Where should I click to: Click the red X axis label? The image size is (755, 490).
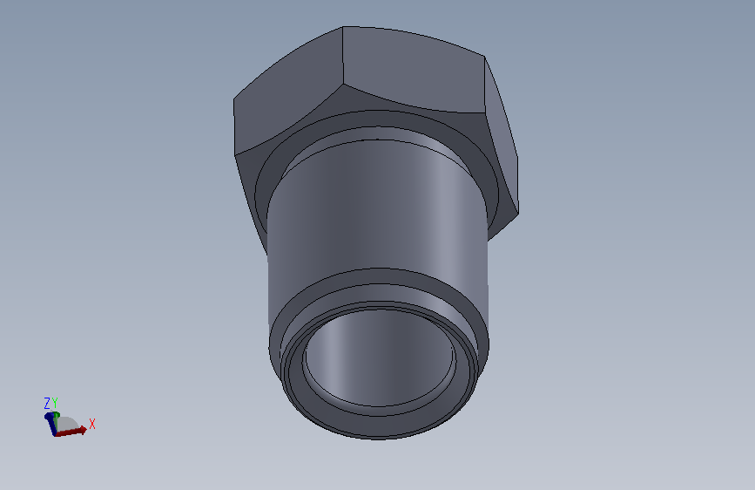[x=92, y=424]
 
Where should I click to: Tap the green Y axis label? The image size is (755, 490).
[x=55, y=403]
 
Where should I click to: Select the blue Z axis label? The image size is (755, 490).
[x=47, y=403]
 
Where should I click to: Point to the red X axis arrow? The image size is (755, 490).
[x=71, y=432]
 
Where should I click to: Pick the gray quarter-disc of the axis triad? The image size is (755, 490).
[x=67, y=424]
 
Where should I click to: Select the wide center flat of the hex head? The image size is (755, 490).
[x=413, y=70]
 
